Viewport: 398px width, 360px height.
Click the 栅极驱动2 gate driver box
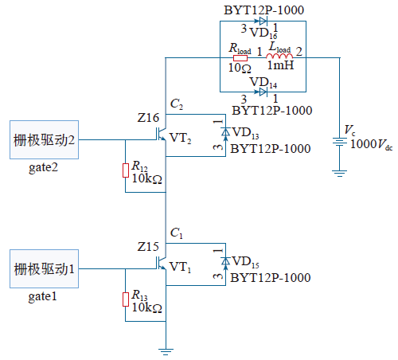pos(44,139)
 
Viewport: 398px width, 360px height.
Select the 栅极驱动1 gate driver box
pos(44,268)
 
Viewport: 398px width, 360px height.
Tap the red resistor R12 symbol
pos(126,170)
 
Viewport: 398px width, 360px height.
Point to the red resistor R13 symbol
pos(126,299)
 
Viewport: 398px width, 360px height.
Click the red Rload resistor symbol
pos(240,58)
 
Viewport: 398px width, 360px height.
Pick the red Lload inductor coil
pos(279,56)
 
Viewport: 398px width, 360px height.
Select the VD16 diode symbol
pos(263,21)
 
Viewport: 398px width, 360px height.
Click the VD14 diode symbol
pos(263,92)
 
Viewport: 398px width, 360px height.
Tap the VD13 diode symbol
pos(225,132)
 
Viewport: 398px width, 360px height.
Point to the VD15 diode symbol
pos(225,261)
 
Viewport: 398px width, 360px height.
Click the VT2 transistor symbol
pos(161,134)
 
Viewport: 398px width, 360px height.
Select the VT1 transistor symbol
pos(161,263)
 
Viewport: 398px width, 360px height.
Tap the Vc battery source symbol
pos(340,142)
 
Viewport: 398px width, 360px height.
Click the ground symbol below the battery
pos(340,174)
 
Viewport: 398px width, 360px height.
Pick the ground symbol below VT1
pos(166,352)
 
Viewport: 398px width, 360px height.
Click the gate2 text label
pos(43,168)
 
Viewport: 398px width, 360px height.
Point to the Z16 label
pos(148,118)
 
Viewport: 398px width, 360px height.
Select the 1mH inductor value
pos(280,65)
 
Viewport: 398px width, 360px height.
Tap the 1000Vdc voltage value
pos(372,144)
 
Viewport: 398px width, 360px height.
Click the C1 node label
pos(177,233)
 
